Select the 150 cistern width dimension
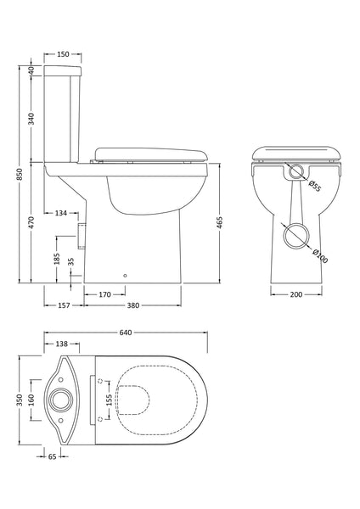click(63, 54)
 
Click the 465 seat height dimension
click(221, 224)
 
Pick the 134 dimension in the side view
click(61, 213)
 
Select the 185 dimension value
click(57, 258)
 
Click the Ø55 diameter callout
click(313, 186)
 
